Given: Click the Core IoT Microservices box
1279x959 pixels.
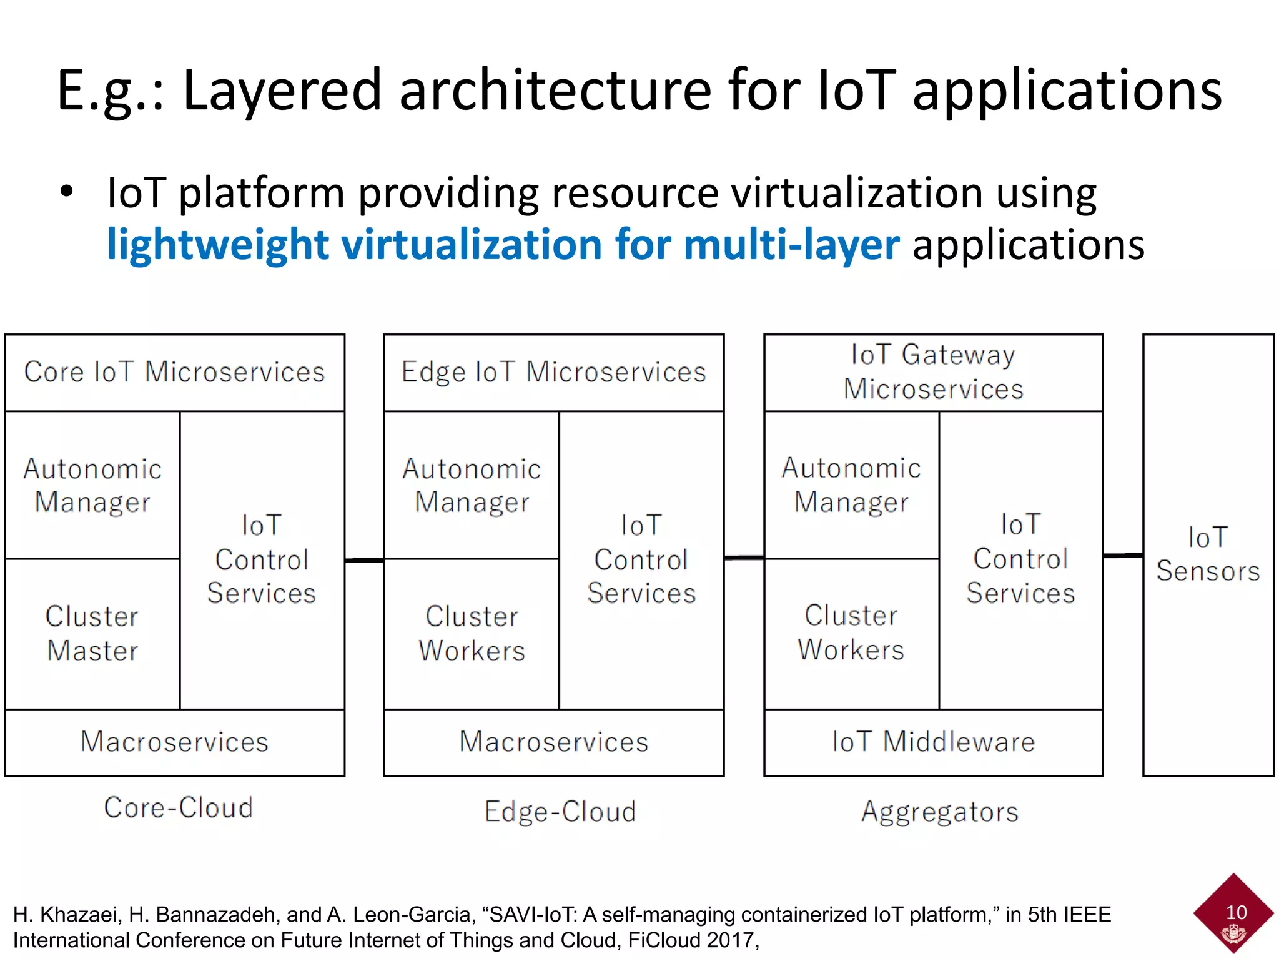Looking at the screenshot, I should pyautogui.click(x=175, y=373).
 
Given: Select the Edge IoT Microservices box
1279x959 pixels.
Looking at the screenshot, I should pyautogui.click(x=554, y=373).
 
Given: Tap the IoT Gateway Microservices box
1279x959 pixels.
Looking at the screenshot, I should pyautogui.click(x=934, y=372).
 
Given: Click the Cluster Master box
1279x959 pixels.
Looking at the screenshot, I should pyautogui.click(x=92, y=633).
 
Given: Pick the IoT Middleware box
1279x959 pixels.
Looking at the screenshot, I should pyautogui.click(x=934, y=742).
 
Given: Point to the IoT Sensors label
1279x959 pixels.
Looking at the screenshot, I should pyautogui.click(x=1208, y=554).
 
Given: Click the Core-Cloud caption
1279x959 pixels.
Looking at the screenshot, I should pyautogui.click(x=179, y=808).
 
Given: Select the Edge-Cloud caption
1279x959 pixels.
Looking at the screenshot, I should pyautogui.click(x=560, y=812).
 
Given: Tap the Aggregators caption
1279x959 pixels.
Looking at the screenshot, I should pyautogui.click(x=940, y=812).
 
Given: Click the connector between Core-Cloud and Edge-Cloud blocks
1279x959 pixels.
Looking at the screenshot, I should pyautogui.click(x=365, y=560).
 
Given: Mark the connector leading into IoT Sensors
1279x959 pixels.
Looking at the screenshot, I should pyautogui.click(x=1123, y=554).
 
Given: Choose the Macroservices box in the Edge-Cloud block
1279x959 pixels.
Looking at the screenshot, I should pyautogui.click(x=554, y=742).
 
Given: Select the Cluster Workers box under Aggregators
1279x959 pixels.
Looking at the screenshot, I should pyautogui.click(x=851, y=633).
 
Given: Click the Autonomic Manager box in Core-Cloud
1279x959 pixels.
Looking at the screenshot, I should pyautogui.click(x=92, y=485).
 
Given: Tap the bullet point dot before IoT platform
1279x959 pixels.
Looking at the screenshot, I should pyautogui.click(x=67, y=192).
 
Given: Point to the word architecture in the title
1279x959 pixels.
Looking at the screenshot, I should pyautogui.click(x=555, y=90).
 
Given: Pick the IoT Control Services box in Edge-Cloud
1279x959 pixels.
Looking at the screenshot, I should pyautogui.click(x=641, y=559).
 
